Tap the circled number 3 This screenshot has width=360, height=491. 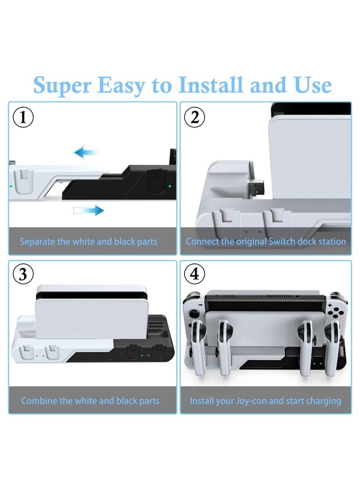pos(23,274)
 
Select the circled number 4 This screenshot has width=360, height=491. pos(194,274)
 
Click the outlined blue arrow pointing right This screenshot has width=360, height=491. pos(88,210)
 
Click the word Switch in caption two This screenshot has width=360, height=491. pos(282,241)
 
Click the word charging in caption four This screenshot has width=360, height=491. pos(321,401)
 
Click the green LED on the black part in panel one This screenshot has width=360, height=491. pos(170,185)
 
